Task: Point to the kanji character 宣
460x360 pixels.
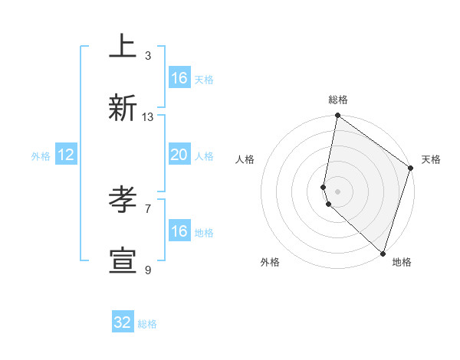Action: pyautogui.click(x=122, y=260)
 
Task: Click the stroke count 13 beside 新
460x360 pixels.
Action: pyautogui.click(x=148, y=117)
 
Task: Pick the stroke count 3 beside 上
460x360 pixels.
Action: pyautogui.click(x=148, y=56)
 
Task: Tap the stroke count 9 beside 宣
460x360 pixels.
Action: pyautogui.click(x=148, y=270)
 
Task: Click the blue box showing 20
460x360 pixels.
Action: pyautogui.click(x=179, y=155)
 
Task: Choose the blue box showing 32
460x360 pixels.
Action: pyautogui.click(x=123, y=322)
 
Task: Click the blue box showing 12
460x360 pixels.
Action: pyautogui.click(x=66, y=155)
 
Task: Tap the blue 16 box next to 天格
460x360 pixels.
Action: pyautogui.click(x=179, y=78)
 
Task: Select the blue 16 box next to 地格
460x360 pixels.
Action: pyautogui.click(x=179, y=231)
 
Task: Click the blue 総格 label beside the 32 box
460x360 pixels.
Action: pyautogui.click(x=147, y=324)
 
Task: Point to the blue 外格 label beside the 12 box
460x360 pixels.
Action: pyautogui.click(x=41, y=156)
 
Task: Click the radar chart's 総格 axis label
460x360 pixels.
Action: pyautogui.click(x=338, y=100)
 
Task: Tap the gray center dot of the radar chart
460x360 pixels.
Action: pyautogui.click(x=338, y=191)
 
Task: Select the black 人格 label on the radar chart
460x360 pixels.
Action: pyautogui.click(x=245, y=159)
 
